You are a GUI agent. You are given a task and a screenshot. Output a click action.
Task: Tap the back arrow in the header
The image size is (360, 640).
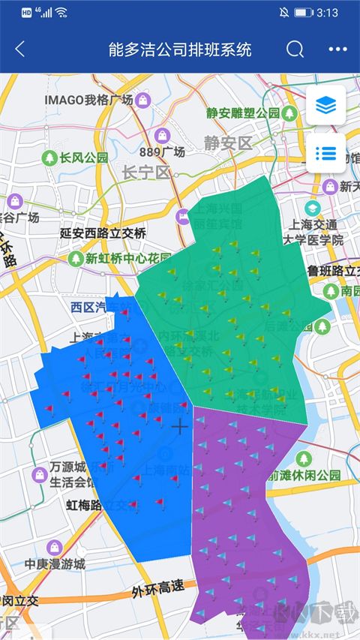click(x=20, y=50)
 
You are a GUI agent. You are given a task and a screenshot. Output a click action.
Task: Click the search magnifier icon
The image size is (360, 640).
click(x=295, y=50)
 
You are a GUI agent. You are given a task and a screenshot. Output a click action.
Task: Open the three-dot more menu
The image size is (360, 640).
click(x=338, y=50)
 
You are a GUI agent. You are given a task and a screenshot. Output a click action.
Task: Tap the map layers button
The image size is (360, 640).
click(x=325, y=106)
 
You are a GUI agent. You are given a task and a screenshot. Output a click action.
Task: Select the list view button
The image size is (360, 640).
click(x=325, y=153)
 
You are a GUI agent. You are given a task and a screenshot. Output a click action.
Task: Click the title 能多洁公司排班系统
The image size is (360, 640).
click(x=179, y=50)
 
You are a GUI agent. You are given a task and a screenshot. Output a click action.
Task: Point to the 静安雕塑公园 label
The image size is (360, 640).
click(x=242, y=113)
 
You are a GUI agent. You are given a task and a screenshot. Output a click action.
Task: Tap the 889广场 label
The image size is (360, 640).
click(x=161, y=152)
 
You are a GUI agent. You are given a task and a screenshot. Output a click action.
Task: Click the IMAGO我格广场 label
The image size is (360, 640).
click(x=88, y=99)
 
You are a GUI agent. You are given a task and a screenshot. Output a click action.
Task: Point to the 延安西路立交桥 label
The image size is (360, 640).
click(x=103, y=233)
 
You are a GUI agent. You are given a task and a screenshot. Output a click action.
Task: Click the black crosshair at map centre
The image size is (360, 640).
click(x=180, y=427)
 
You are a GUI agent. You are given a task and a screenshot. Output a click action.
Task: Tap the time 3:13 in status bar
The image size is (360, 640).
click(x=328, y=13)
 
